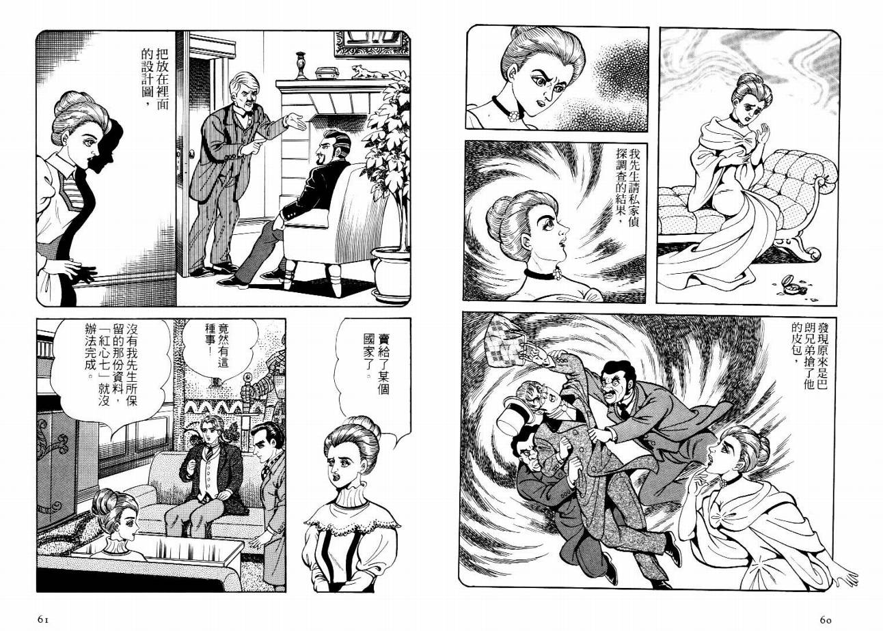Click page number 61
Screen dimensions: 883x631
[43, 619]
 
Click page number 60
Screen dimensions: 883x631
[826, 619]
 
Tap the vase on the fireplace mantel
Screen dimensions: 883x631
[301, 66]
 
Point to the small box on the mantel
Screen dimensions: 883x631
[327, 73]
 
